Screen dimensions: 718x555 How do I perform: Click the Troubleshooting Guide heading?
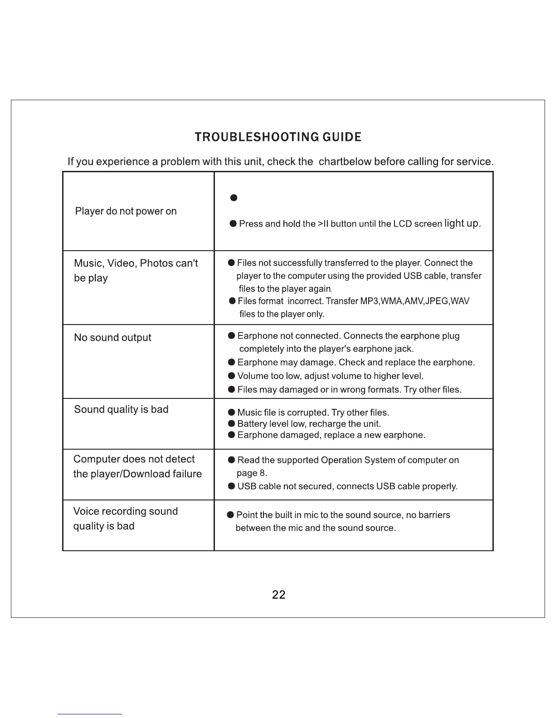(278, 137)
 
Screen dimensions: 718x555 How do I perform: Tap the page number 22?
(278, 595)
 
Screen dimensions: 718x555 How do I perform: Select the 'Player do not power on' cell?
(126, 211)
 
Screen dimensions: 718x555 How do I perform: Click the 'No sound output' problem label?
(112, 338)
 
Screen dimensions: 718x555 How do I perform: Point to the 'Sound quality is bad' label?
(121, 409)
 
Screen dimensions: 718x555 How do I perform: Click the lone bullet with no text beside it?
(234, 198)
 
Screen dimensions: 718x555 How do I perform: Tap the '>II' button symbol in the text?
(323, 224)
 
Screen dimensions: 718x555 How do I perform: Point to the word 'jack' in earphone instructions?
(403, 349)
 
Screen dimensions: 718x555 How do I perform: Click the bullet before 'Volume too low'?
(231, 376)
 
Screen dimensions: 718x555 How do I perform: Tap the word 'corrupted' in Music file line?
(307, 412)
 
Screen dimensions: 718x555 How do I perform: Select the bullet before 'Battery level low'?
(231, 423)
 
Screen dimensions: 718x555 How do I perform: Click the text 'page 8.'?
(252, 473)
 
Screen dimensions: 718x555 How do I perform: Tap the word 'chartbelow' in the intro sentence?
(345, 162)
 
